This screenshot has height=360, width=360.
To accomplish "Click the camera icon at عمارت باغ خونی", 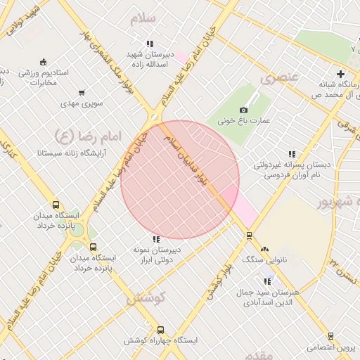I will point(244,110).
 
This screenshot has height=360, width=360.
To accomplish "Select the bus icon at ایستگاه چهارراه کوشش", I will point(161,330).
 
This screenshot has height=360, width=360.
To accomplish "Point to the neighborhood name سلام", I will point(142,18).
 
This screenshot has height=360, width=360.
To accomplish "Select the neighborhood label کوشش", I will point(146,298).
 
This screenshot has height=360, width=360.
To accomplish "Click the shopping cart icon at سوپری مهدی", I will point(82,93).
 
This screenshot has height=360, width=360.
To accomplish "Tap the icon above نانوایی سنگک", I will point(264,249).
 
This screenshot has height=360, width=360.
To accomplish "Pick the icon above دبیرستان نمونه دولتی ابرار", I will point(156,240).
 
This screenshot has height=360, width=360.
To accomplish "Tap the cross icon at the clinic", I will point(341,74).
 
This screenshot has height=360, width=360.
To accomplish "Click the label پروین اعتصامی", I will point(332,347).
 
